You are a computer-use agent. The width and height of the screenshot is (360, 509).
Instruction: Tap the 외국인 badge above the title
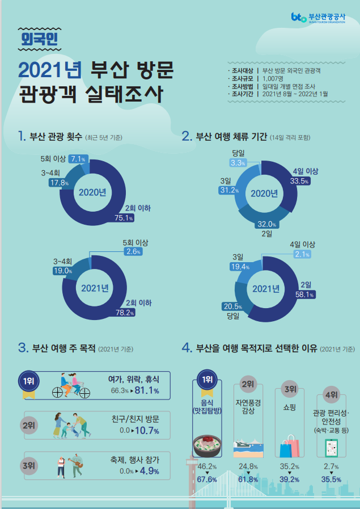[x=38, y=39]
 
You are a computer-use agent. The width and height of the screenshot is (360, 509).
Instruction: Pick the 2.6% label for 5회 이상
[x=133, y=251]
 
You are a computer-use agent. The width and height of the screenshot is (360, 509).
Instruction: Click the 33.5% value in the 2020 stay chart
[x=298, y=182]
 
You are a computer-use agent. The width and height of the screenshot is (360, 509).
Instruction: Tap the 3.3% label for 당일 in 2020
[x=238, y=163]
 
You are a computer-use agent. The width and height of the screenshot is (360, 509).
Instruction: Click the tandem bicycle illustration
[x=72, y=385]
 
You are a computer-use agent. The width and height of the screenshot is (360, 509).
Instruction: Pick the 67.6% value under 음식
[x=207, y=479]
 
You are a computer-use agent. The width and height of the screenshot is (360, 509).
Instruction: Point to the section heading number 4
[x=186, y=347]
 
